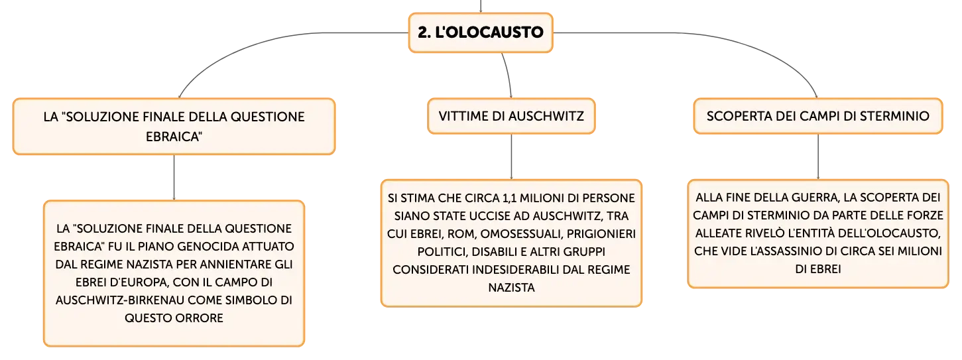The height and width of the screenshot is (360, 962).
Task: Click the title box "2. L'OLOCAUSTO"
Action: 481,32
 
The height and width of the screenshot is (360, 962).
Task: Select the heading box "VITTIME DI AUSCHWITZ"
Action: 511,116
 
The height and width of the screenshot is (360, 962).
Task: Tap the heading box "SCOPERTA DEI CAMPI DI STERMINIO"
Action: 817,116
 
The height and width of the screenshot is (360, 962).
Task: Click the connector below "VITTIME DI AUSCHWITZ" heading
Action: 511,157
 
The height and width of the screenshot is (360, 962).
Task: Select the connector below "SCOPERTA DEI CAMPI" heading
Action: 817,157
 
